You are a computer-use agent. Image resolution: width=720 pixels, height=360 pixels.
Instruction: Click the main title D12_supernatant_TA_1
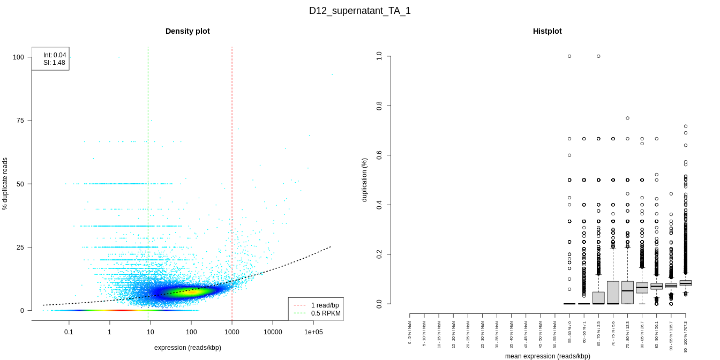(x=360, y=11)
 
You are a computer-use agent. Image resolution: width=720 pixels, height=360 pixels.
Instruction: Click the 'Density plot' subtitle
(x=187, y=31)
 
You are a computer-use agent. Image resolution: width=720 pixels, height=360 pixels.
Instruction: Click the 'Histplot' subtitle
(x=547, y=31)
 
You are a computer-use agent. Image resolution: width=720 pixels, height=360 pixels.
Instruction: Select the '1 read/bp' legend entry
(x=325, y=305)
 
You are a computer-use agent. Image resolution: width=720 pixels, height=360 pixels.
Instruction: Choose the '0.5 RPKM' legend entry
(x=325, y=313)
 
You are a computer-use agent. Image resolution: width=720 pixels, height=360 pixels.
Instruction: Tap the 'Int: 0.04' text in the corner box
(x=55, y=55)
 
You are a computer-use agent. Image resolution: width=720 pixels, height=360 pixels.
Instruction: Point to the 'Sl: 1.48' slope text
(x=55, y=63)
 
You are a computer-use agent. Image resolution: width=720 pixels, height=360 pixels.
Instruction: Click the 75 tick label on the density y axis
(x=20, y=121)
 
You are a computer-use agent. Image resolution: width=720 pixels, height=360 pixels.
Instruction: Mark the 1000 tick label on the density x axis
(x=232, y=332)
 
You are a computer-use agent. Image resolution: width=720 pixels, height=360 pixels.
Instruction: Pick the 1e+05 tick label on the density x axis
(x=314, y=332)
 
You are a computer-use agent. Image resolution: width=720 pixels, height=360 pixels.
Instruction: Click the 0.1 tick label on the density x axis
(x=69, y=332)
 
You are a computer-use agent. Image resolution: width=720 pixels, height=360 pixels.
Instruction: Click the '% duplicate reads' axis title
(x=5, y=184)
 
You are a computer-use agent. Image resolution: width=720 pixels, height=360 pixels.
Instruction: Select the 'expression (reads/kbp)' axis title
(x=187, y=348)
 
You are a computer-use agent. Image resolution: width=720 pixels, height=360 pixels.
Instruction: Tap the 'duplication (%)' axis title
(x=365, y=179)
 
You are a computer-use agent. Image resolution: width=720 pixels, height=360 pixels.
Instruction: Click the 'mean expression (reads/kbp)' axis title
(x=547, y=356)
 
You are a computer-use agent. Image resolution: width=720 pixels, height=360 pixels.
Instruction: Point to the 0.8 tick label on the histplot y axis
(x=379, y=106)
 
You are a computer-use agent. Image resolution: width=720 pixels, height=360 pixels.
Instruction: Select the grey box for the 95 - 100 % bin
(x=685, y=283)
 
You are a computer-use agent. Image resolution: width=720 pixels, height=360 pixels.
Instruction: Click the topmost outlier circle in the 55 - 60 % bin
(x=569, y=56)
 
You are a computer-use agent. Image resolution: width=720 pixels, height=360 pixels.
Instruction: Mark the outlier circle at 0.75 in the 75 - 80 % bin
(x=627, y=118)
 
